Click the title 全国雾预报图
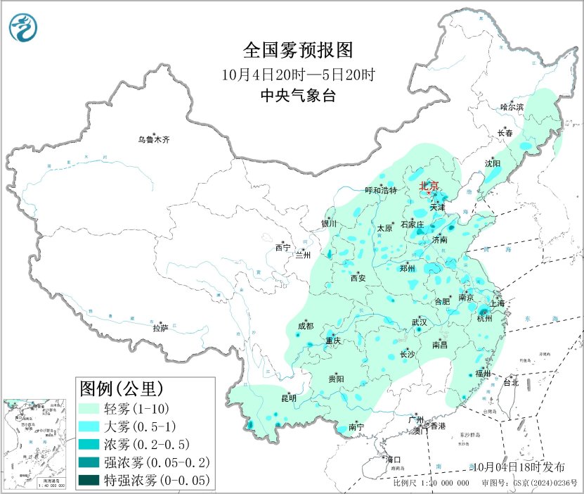tap(296, 50)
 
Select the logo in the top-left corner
tap(23, 27)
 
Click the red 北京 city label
tap(429, 186)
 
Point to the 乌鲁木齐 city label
tap(153, 139)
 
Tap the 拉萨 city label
tap(160, 327)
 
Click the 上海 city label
tap(498, 303)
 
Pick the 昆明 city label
tap(288, 398)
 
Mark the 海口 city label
tap(394, 460)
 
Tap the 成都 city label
tap(306, 325)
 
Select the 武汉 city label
tap(420, 322)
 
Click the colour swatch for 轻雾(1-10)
tap(97, 407)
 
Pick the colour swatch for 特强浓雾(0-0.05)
tap(97, 481)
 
